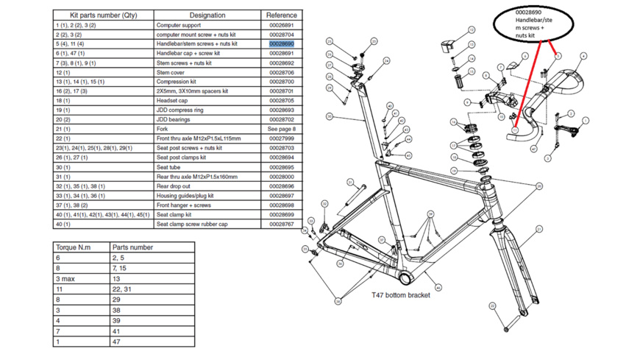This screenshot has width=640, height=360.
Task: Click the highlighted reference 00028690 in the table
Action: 281,44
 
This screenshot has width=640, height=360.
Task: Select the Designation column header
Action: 207,15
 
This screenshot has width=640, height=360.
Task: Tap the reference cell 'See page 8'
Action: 281,129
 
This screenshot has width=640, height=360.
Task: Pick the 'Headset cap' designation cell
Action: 172,101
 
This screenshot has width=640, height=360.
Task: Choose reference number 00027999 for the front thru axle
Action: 281,138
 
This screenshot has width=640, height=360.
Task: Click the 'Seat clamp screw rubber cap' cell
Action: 192,224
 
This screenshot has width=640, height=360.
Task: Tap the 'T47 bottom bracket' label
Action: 401,295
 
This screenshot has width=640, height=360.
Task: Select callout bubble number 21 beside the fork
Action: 539,230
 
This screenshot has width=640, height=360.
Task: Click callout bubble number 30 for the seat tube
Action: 330,116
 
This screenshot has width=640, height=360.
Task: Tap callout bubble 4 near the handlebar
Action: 583,56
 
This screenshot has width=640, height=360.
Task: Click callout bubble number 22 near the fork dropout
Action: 506,329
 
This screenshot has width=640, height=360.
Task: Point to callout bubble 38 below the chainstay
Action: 338,300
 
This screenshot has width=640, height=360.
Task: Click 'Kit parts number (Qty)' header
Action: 103,15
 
